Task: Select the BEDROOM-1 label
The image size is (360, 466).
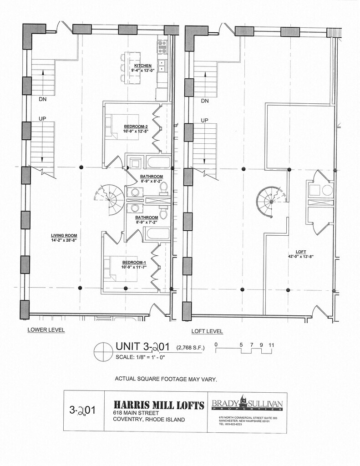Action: pos(133,263)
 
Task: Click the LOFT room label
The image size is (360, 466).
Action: pos(300,252)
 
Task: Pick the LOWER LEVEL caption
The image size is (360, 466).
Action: pos(46,330)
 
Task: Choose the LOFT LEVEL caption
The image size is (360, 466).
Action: pos(207,332)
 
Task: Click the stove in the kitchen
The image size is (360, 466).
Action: pos(162,46)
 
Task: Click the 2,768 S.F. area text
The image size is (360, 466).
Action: pos(191,348)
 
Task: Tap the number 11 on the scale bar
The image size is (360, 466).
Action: pos(272,344)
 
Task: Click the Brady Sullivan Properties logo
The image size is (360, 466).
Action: pos(247,404)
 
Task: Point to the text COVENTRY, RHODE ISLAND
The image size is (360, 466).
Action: pos(149,420)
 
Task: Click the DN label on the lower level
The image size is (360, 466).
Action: pos(42,98)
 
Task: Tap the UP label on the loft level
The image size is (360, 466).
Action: pos(205,120)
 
